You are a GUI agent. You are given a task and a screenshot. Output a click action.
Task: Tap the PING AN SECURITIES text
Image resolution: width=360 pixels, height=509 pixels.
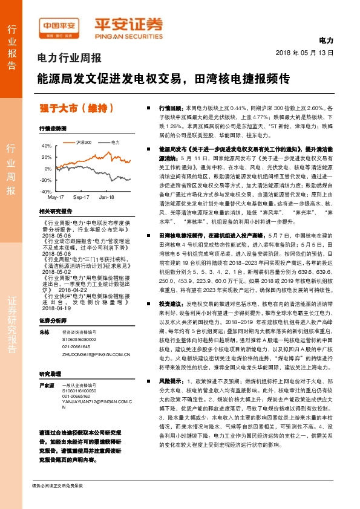pos(129,36)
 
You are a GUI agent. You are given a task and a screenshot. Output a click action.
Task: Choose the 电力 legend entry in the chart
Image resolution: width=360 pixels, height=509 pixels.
pos(116,141)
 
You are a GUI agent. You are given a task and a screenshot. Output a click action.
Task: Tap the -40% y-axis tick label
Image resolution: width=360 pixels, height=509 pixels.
pos(46,191)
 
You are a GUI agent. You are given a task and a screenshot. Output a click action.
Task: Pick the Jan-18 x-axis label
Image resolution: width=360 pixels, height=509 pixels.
pos(106,198)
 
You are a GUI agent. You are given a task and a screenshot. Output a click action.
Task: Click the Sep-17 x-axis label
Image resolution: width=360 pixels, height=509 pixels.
pos(81,198)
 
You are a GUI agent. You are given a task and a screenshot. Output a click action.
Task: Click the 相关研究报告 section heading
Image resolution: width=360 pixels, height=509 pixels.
pos(55,211)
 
